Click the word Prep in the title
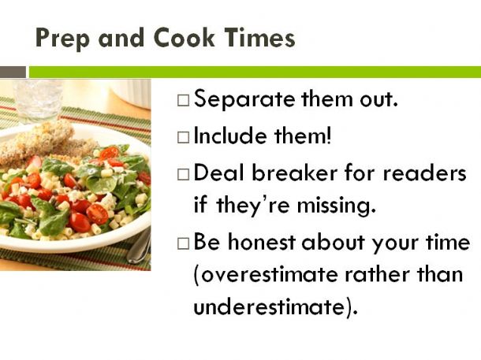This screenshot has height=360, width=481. point(62,39)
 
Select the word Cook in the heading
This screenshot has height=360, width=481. point(184,38)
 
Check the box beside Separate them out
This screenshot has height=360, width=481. point(183,101)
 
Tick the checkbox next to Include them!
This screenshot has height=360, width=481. point(183,138)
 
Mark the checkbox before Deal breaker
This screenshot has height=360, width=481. point(183,174)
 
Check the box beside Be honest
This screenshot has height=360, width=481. point(183,243)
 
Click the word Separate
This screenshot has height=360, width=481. point(244,99)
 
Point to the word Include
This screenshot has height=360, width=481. point(230,135)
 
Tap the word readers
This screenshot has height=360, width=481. point(424,173)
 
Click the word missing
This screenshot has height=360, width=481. point(337,206)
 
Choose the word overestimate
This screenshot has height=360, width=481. point(267,274)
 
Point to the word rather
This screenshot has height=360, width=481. point(377,274)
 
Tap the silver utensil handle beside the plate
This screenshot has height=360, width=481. point(140,245)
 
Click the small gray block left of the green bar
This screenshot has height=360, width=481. point(13,72)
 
